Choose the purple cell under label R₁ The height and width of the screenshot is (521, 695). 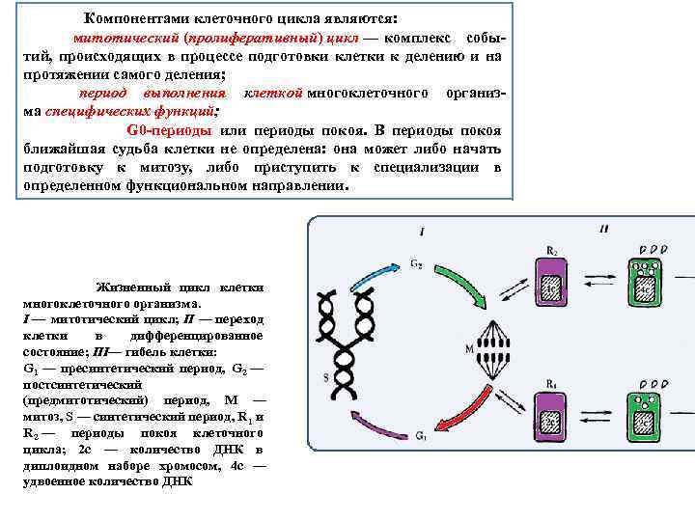pyautogui.click(x=550, y=420)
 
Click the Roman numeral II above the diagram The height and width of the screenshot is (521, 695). pyautogui.click(x=603, y=230)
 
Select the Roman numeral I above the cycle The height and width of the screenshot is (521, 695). pyautogui.click(x=422, y=231)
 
